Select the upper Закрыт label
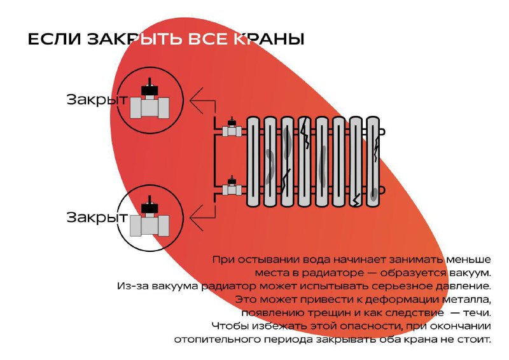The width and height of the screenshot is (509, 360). pos(97,99)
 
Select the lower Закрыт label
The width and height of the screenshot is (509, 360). pos(97,217)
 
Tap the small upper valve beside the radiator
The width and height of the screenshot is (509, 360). pos(232,128)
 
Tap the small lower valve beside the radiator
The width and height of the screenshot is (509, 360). pos(232,187)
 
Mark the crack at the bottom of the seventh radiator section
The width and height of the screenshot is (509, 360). pos(356,199)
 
